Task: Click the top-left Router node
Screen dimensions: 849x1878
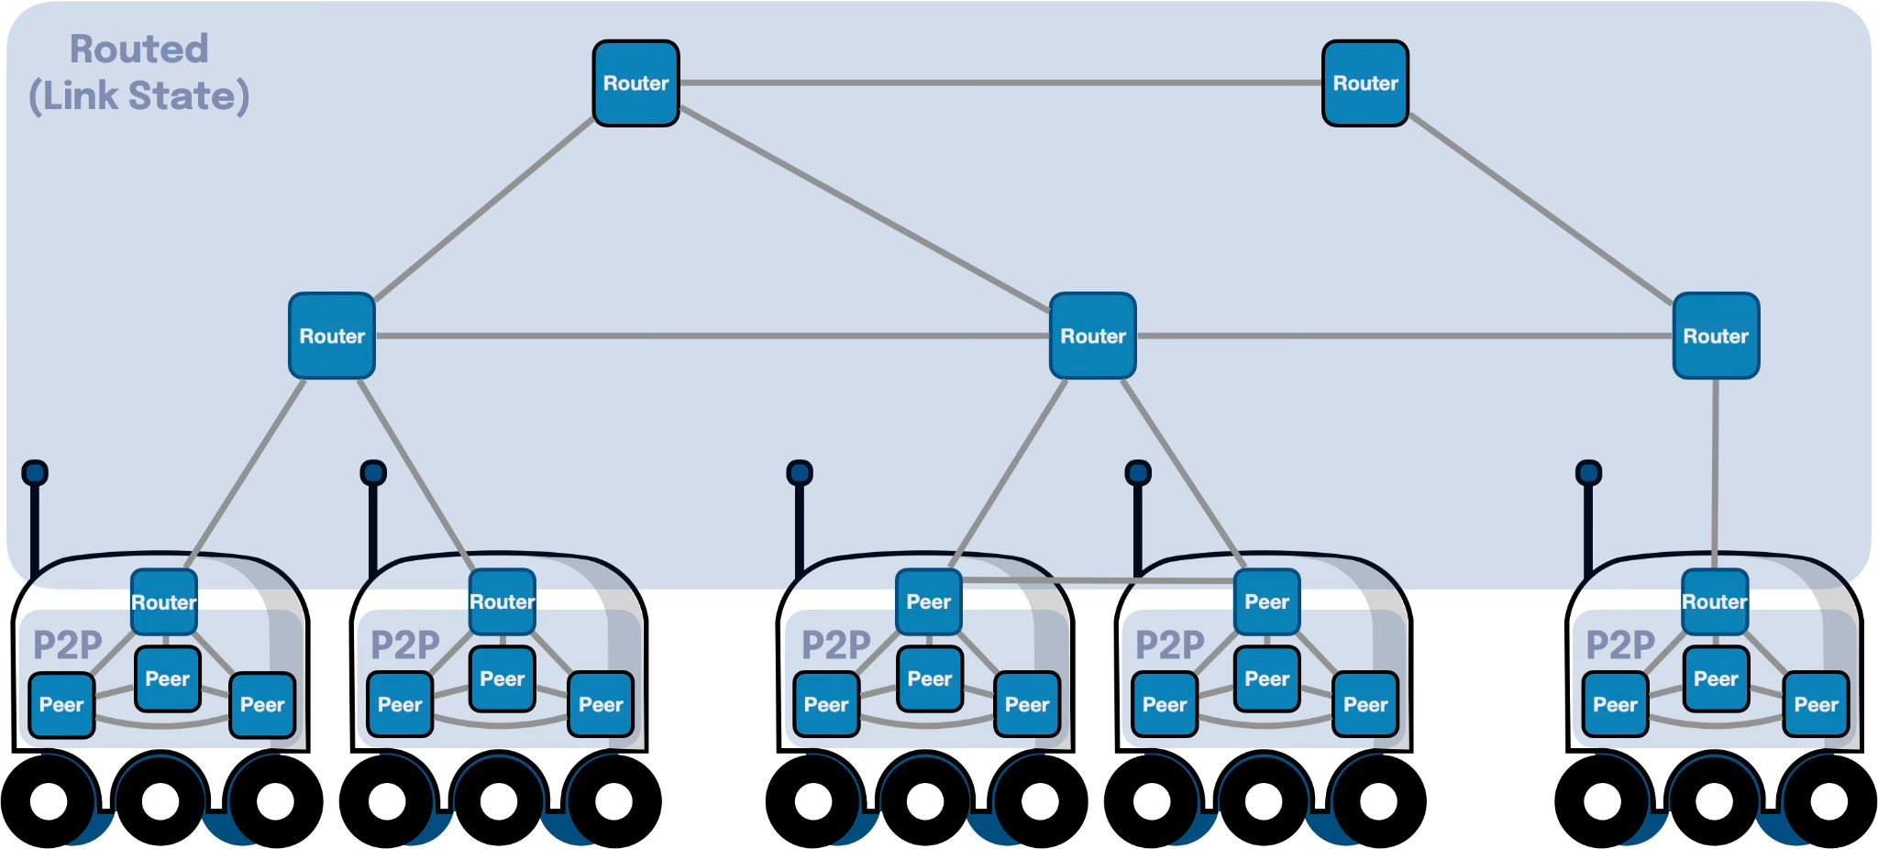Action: coord(635,83)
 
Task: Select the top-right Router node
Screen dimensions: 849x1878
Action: coord(1364,83)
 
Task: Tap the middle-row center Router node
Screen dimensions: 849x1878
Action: coord(1092,336)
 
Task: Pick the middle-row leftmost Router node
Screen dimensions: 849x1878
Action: coord(332,336)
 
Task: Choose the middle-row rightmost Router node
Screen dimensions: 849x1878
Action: coord(1715,336)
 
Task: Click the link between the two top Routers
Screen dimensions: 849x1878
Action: coord(1000,83)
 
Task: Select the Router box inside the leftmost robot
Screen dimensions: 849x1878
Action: coord(164,601)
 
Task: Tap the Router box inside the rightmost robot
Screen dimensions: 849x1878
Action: coord(1714,601)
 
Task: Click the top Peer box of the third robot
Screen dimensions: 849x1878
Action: coord(928,601)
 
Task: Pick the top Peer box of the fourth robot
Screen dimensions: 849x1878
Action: coord(1266,601)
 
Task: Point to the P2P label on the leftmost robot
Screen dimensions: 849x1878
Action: coord(67,645)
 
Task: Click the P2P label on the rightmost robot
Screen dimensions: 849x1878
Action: coord(1620,645)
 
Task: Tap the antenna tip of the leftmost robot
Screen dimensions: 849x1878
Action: coord(35,473)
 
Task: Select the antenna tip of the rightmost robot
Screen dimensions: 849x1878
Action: coord(1588,473)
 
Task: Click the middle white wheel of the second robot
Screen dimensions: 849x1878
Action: coord(499,801)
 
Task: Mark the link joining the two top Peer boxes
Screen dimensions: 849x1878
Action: coord(1097,580)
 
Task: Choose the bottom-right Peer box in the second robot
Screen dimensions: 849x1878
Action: coord(601,704)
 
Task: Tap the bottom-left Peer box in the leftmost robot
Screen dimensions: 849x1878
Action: coord(61,704)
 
